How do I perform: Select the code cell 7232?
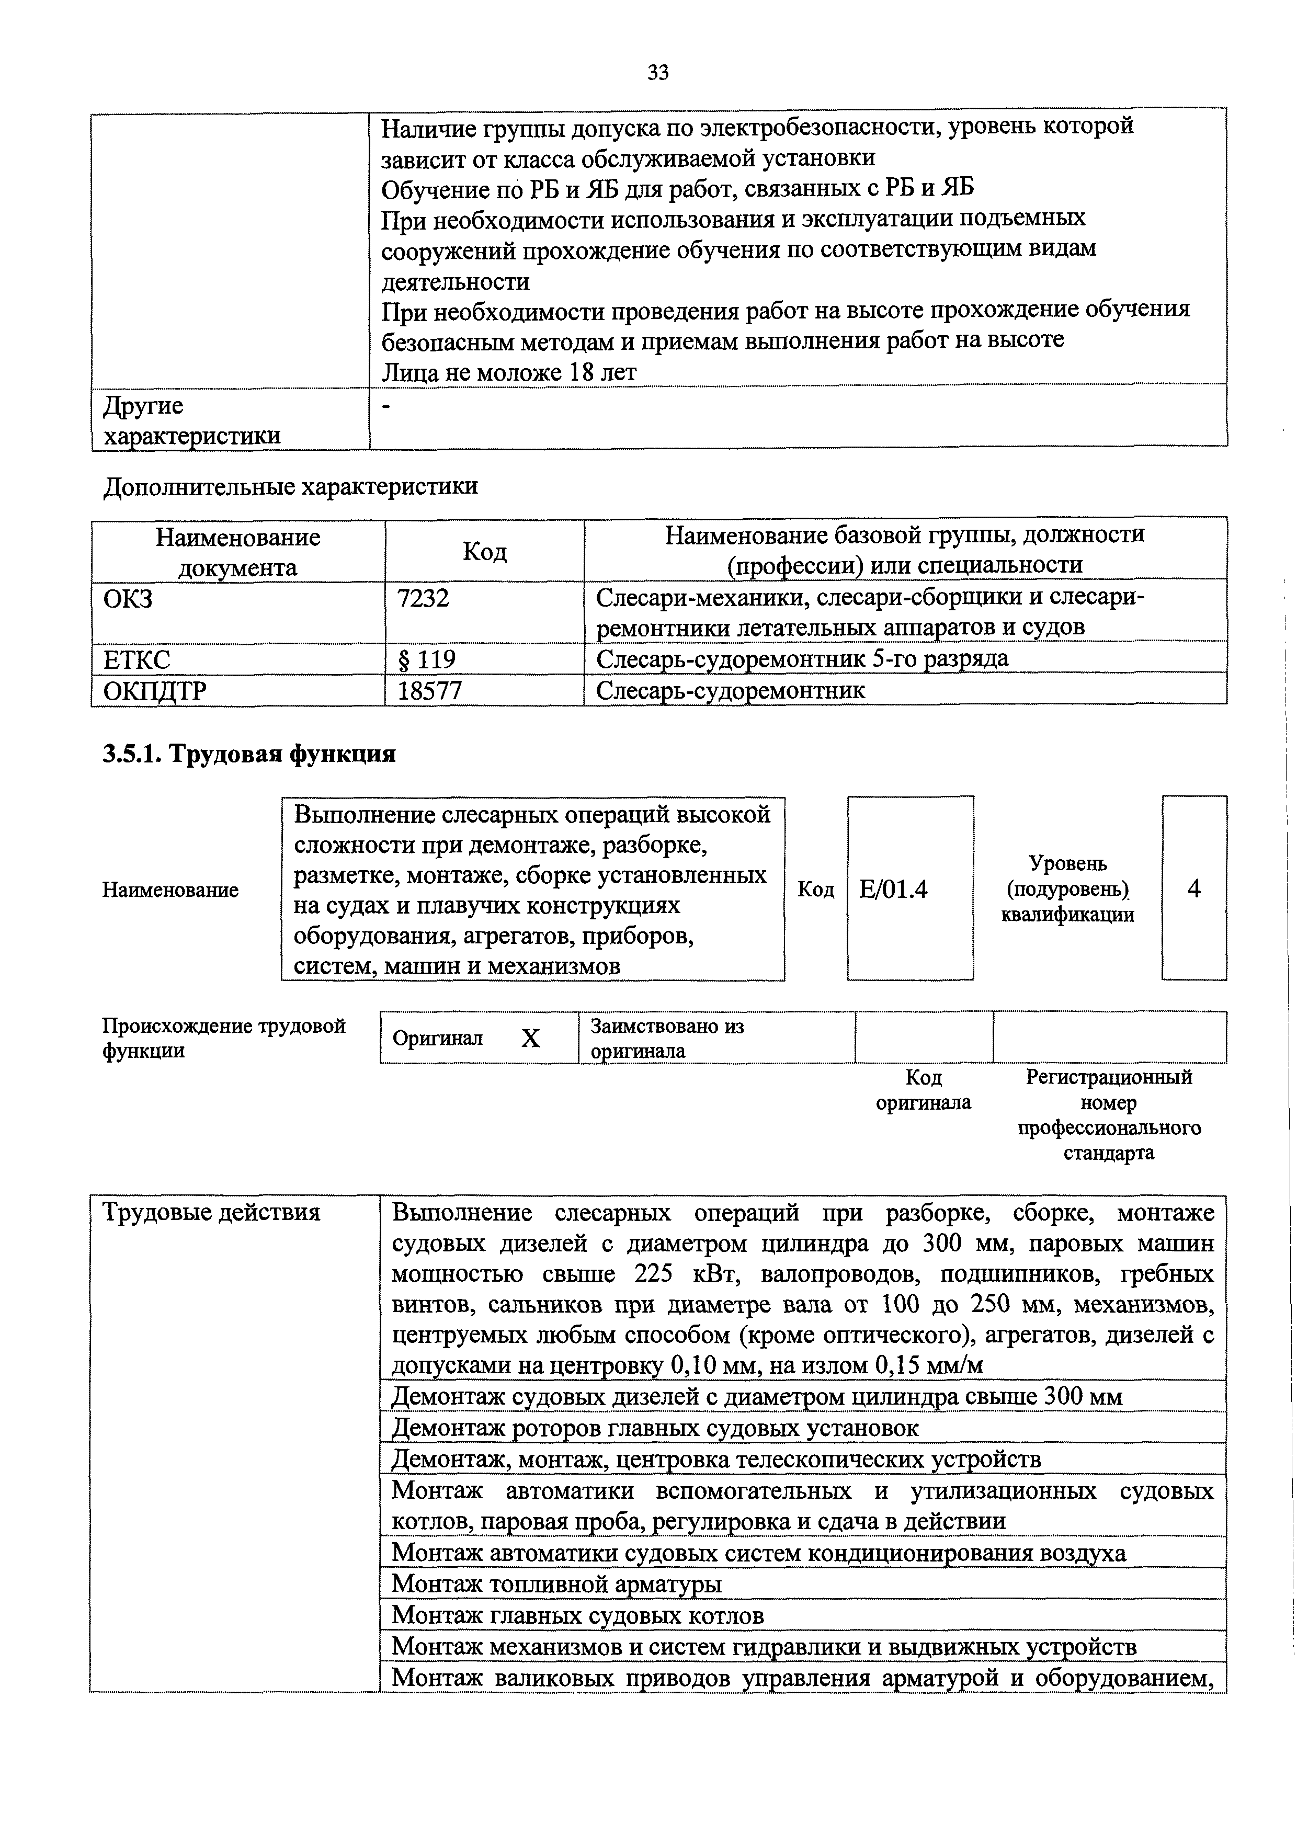424,598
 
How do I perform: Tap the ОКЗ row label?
128,598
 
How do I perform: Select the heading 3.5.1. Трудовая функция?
249,754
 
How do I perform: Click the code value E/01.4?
893,888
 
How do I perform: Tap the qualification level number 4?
1194,888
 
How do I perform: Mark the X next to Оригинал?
531,1038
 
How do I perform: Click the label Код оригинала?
923,1090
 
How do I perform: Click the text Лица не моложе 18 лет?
509,372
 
